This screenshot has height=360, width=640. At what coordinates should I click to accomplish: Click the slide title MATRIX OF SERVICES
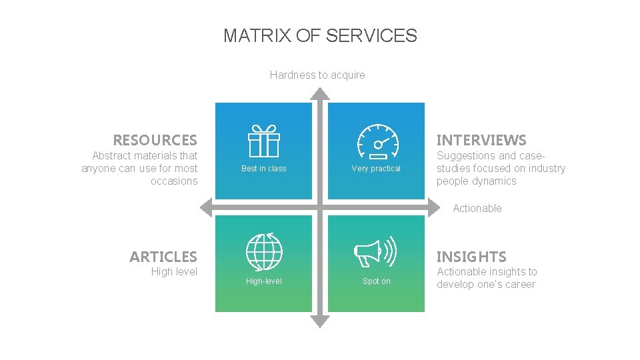[320, 35]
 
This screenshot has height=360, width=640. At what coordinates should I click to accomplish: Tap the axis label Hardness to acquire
[317, 75]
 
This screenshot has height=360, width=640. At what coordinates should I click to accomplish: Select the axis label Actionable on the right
[477, 209]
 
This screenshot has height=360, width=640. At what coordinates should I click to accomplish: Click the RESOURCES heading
[155, 140]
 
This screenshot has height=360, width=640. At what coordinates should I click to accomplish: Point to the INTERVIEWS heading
[481, 140]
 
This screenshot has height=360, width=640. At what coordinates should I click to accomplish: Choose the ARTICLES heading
[163, 257]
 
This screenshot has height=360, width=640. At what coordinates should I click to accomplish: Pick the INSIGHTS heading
[471, 257]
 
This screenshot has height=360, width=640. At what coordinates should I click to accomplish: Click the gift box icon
[263, 141]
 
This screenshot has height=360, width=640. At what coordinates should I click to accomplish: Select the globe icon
[264, 252]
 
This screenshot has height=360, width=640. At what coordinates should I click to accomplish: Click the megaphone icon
[375, 252]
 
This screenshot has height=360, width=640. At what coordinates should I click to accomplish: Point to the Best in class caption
[263, 169]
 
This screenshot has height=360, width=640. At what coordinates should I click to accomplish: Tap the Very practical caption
[376, 169]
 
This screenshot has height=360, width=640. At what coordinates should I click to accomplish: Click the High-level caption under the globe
[263, 281]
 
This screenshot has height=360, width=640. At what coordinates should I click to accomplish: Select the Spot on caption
[376, 281]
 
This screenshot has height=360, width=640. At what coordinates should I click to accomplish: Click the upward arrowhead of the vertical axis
[320, 93]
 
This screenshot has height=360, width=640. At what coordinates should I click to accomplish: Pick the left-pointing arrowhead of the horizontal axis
[207, 207]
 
